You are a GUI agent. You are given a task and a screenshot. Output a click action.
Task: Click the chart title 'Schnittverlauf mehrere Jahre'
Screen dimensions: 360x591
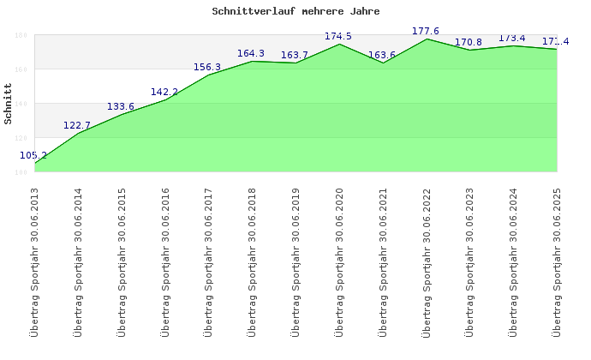295,12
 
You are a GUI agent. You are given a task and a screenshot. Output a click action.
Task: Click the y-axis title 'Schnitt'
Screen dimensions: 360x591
9,103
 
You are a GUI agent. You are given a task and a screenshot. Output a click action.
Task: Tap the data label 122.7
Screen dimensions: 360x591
77,125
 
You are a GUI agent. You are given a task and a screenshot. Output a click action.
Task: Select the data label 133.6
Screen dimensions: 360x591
121,106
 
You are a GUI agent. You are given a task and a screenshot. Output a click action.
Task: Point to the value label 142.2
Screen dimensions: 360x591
164,92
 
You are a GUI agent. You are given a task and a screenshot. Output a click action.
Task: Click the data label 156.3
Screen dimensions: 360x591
207,67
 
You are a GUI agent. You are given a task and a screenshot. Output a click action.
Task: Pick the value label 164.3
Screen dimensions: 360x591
251,53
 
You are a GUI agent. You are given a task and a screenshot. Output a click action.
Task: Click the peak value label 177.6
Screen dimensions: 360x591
426,31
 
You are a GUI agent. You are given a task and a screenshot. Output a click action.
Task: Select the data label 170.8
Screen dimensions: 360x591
469,42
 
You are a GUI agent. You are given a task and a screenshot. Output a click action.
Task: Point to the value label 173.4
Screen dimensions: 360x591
512,38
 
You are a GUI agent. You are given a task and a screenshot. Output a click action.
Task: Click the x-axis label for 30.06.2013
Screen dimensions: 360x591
34,261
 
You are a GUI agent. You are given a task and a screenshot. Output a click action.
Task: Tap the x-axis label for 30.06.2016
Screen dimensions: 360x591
165,261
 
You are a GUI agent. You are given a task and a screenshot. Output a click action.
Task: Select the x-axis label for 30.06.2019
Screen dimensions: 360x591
295,261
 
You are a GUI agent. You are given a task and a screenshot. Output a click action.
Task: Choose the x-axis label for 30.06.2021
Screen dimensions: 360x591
383,261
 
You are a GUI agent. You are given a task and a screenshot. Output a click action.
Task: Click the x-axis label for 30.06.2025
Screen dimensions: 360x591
558,261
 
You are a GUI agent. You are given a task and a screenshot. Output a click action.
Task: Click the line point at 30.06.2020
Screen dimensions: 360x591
339,44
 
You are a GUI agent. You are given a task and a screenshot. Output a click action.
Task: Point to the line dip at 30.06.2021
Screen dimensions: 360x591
383,63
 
